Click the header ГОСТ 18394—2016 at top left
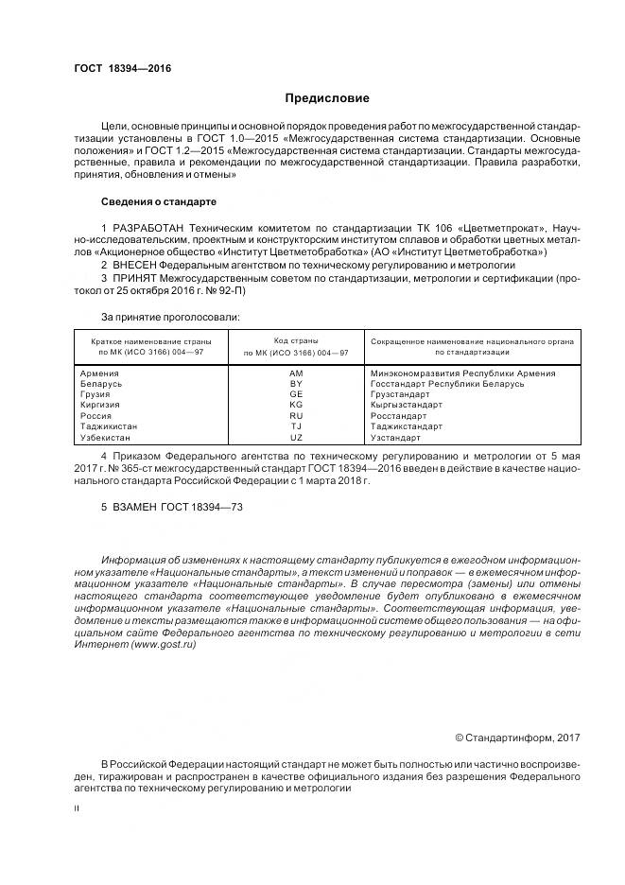pyautogui.click(x=116, y=68)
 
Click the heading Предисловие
pyautogui.click(x=327, y=98)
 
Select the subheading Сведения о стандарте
pyautogui.click(x=159, y=201)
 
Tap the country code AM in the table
pyautogui.click(x=296, y=373)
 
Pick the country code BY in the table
pyautogui.click(x=296, y=384)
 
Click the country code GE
pyautogui.click(x=296, y=394)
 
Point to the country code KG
pyautogui.click(x=296, y=405)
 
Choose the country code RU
pyautogui.click(x=296, y=415)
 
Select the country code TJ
pyautogui.click(x=296, y=426)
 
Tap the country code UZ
pyautogui.click(x=296, y=437)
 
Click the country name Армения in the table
pyautogui.click(x=101, y=373)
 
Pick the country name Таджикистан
pyautogui.click(x=110, y=426)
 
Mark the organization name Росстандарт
pyautogui.click(x=399, y=415)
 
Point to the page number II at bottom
pyautogui.click(x=78, y=809)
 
